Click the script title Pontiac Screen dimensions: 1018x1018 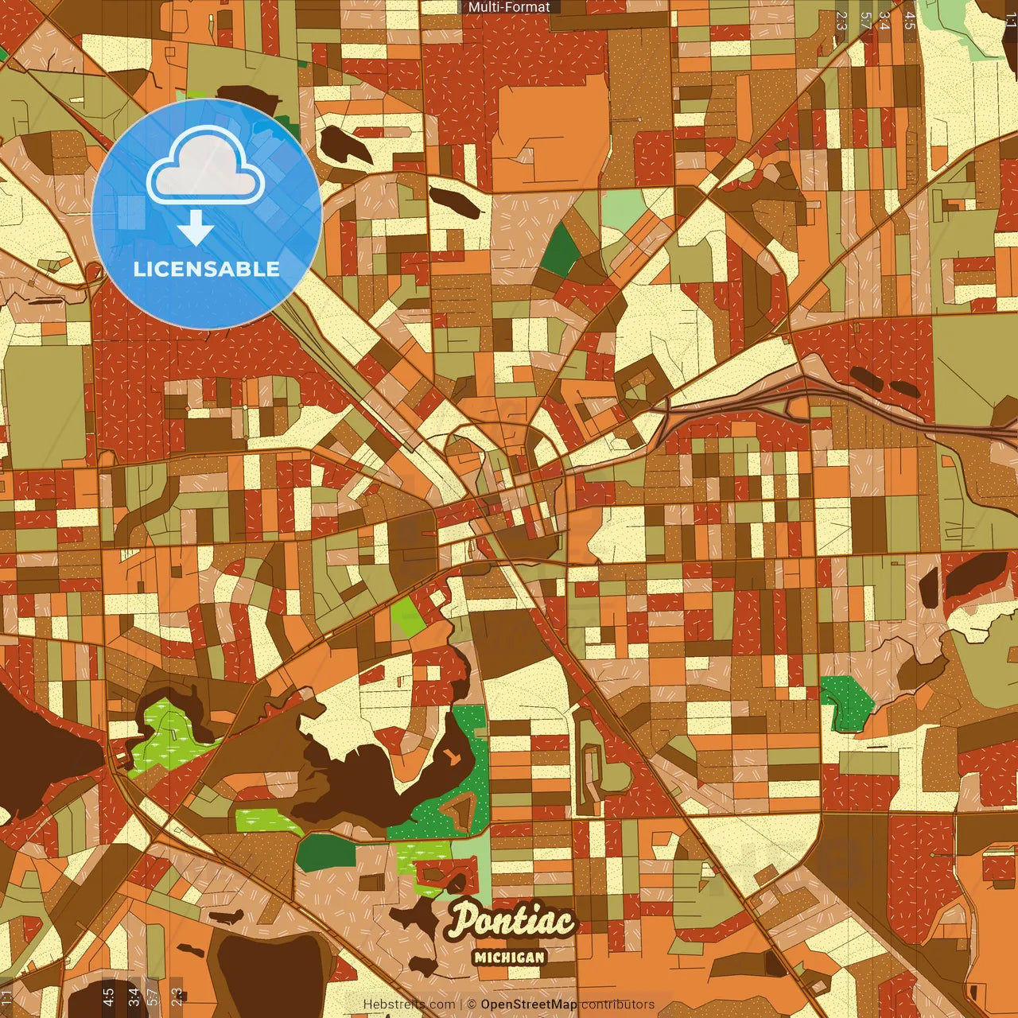click(511, 921)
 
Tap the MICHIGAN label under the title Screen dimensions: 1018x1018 click(509, 957)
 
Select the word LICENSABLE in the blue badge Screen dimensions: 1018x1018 click(207, 269)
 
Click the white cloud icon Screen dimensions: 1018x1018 click(205, 166)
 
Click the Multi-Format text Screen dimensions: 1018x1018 click(509, 7)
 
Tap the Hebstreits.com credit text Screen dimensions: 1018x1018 click(410, 1004)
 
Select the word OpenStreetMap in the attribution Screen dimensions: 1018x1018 click(529, 1004)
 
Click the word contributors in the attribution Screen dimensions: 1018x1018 click(618, 1004)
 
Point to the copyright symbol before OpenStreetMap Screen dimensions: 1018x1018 click(472, 1004)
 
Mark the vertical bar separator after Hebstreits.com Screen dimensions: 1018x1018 click(461, 1004)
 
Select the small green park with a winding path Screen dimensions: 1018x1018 click(846, 700)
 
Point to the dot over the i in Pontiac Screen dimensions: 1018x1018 click(518, 907)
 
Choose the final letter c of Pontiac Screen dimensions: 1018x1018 click(563, 923)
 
